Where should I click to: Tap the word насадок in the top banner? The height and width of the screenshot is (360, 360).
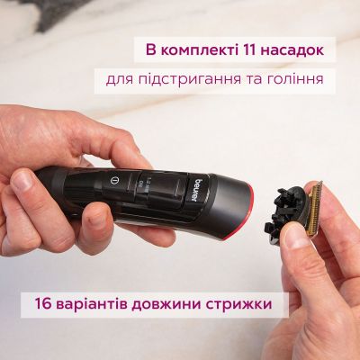click(x=299, y=46)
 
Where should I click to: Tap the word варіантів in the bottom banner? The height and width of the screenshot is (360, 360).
click(x=87, y=304)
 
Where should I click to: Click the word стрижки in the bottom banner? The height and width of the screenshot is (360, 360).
click(x=238, y=304)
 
